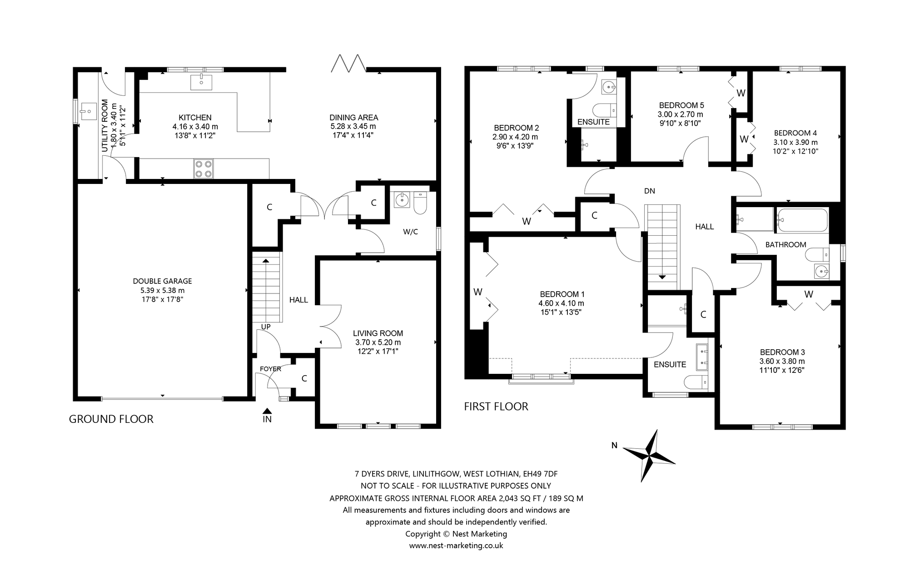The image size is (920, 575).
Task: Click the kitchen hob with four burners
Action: [x=203, y=169]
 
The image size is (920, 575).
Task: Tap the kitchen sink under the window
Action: [x=201, y=82]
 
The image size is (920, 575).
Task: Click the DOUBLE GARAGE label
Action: [x=162, y=281]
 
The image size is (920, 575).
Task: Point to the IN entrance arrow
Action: [x=267, y=411]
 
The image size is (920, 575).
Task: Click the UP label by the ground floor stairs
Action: [x=266, y=327]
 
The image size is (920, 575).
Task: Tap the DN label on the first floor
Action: [x=649, y=191]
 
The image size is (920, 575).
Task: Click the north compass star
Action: [x=649, y=456]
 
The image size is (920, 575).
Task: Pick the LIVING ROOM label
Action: [x=378, y=333]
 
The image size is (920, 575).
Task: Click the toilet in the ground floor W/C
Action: [x=420, y=203]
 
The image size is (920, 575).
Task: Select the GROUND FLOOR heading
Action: [x=111, y=419]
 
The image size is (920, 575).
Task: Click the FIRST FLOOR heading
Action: [x=496, y=406]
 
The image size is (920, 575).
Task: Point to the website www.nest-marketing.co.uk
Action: [x=456, y=545]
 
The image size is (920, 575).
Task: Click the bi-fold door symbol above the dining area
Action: [x=348, y=64]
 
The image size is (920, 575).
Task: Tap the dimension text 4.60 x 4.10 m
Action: [x=562, y=303]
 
